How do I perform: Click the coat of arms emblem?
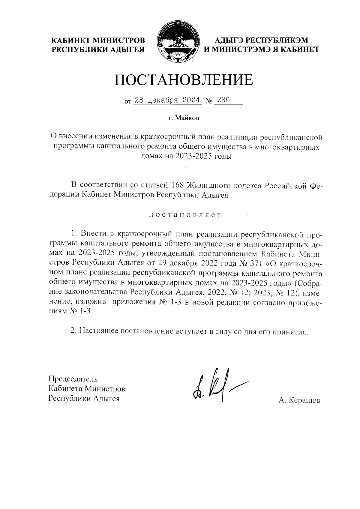coord(177,43)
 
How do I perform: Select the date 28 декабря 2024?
coord(167,100)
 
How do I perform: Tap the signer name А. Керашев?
coord(299,400)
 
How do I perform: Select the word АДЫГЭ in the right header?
coord(229,41)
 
